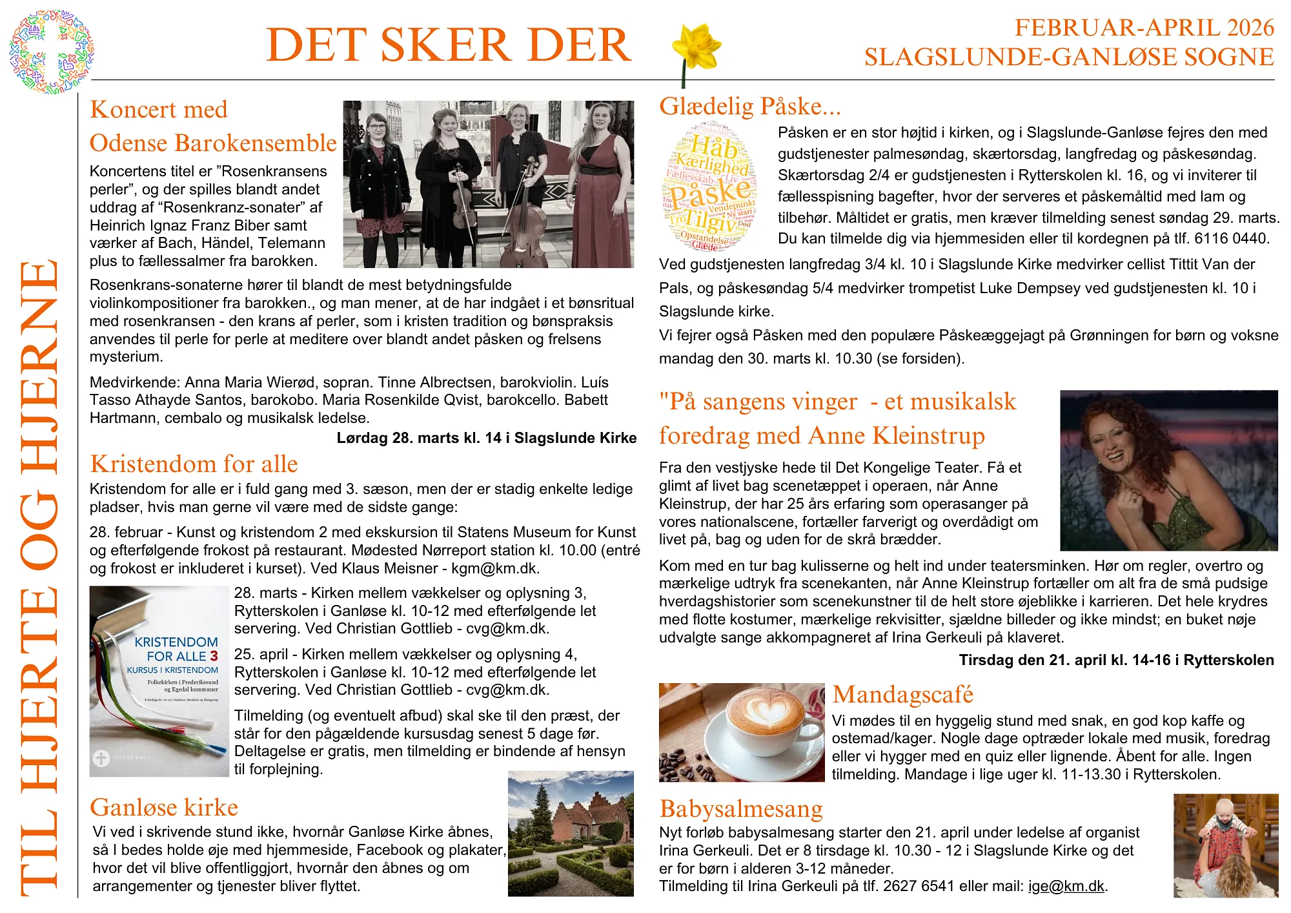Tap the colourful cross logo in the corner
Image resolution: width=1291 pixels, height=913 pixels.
tap(51, 52)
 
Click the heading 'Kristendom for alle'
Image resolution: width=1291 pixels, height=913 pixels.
tap(194, 464)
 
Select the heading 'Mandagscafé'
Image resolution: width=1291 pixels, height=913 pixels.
tap(902, 695)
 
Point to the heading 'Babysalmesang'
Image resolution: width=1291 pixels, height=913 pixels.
tap(741, 809)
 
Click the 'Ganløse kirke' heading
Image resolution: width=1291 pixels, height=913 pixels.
tap(164, 808)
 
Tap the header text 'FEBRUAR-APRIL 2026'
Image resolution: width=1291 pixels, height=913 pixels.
tap(1144, 28)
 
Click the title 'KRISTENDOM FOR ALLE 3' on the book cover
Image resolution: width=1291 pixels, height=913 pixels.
tap(176, 649)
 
